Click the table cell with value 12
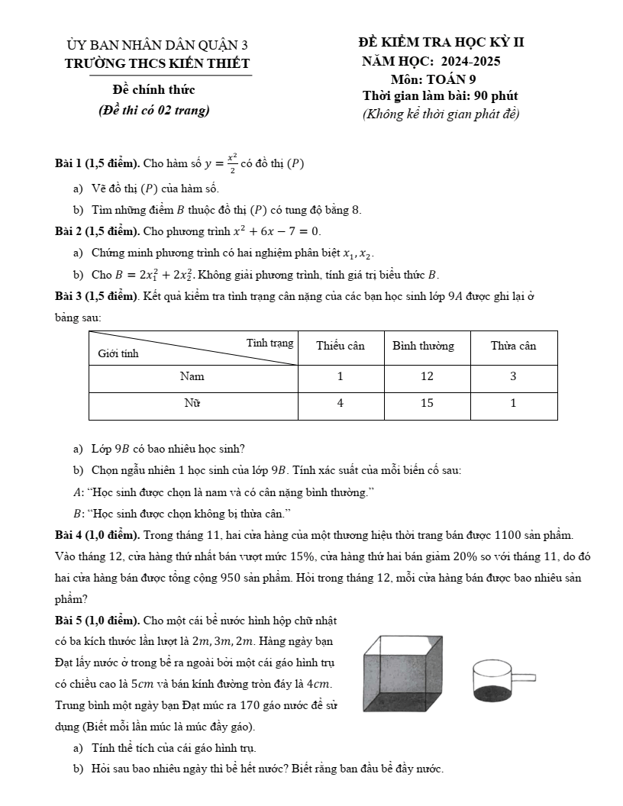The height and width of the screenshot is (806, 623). [x=427, y=376]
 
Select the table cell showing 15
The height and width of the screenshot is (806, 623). [x=427, y=404]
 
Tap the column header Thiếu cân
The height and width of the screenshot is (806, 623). [x=341, y=346]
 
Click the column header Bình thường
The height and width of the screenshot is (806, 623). [x=423, y=346]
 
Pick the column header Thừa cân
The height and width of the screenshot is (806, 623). [x=513, y=346]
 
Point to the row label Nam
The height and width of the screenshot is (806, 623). [x=192, y=376]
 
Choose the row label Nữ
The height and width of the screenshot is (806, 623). [x=192, y=404]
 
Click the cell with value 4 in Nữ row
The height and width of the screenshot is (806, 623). [x=341, y=404]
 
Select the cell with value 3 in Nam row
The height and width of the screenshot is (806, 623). [x=513, y=376]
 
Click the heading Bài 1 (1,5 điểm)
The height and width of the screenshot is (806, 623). [x=97, y=164]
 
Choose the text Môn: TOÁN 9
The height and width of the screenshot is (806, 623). [x=432, y=79]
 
